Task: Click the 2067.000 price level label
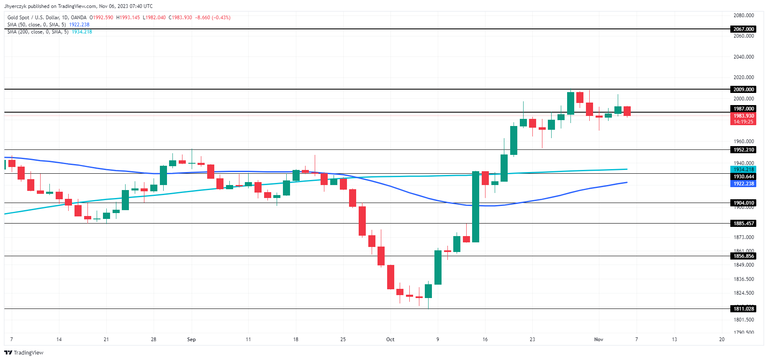tap(743, 29)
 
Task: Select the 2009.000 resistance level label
tap(743, 89)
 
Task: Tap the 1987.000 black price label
tap(743, 109)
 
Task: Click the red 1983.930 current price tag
tap(743, 116)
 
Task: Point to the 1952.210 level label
tap(743, 150)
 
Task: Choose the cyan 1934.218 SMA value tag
tap(743, 170)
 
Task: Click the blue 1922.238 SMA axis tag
tap(743, 184)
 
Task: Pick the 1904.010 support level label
tap(743, 203)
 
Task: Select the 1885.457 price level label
tap(743, 224)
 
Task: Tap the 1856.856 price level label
tap(743, 256)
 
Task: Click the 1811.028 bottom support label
tap(743, 309)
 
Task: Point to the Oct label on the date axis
tap(390, 339)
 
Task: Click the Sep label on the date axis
tap(191, 339)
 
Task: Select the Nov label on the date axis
tap(598, 339)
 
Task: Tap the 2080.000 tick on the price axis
tap(743, 15)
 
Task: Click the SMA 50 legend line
tap(48, 25)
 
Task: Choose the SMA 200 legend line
tap(49, 32)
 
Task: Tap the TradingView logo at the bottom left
tap(24, 352)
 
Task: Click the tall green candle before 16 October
tap(475, 206)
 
